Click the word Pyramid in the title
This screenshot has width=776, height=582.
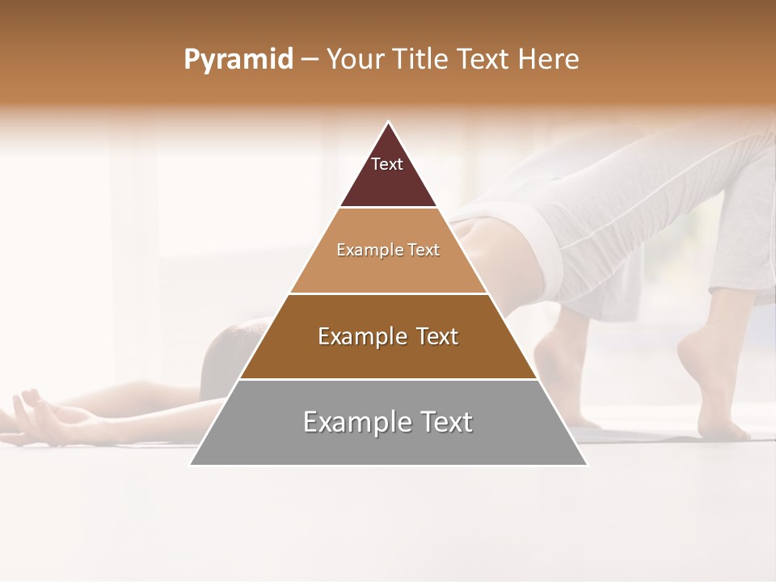(238, 60)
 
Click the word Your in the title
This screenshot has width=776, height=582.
(356, 60)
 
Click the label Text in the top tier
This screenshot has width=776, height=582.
(387, 164)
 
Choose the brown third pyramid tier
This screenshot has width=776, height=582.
(388, 356)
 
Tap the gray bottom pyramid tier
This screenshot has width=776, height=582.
(388, 445)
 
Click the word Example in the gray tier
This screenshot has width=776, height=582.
(352, 422)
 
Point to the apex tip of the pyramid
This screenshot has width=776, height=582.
(389, 123)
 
